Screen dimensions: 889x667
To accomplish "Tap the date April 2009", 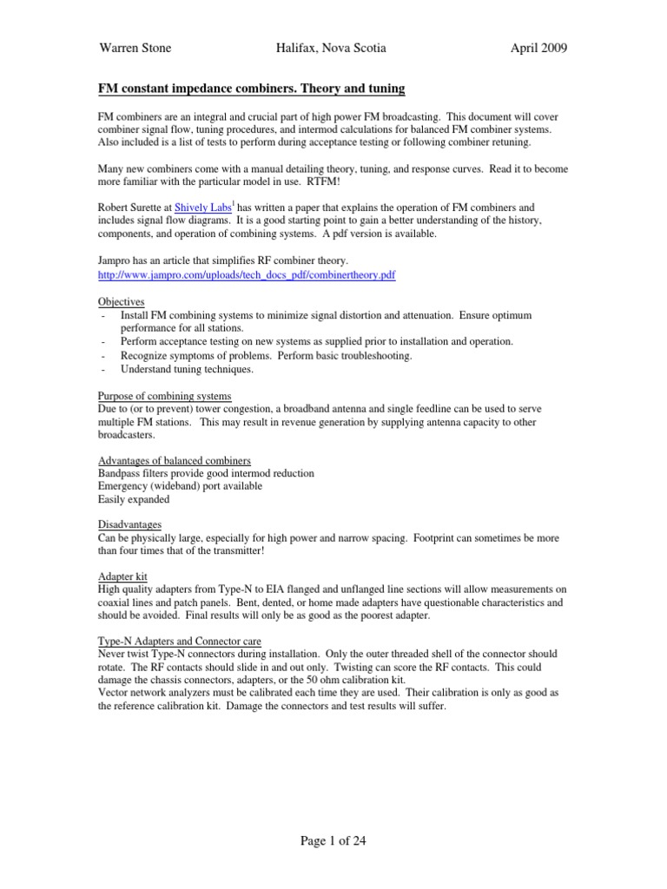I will point(538,49).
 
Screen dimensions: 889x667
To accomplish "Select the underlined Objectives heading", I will point(121,301).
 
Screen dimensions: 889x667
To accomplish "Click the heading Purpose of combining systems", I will point(165,396).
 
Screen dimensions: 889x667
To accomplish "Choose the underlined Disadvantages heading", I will point(129,524).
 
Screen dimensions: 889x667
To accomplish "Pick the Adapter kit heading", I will point(122,576).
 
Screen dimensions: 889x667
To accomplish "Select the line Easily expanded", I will point(133,499).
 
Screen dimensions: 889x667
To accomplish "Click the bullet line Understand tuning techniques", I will point(187,369).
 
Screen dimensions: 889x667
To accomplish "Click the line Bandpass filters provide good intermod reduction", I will point(206,473).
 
